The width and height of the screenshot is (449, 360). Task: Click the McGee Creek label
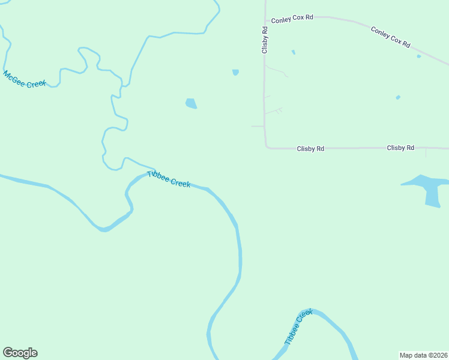pos(25,79)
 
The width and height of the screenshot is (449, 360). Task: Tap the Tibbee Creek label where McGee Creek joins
pos(169,179)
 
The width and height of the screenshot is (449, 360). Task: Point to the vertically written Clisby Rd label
pos(264,40)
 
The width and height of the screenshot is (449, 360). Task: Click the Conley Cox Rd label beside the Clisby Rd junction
pos(292,19)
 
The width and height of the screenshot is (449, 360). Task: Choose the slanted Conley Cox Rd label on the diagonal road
pos(390,37)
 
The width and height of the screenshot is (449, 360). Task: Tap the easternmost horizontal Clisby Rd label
pos(400,148)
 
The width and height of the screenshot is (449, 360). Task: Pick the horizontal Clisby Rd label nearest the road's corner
pos(310,148)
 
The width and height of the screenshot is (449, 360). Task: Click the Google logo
pos(20,353)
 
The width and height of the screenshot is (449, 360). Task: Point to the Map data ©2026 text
pos(423,355)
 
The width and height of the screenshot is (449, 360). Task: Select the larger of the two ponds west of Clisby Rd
pos(191,104)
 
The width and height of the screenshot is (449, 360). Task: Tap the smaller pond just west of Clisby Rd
pos(235,73)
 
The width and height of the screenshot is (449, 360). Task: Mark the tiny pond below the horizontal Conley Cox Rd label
pos(293,52)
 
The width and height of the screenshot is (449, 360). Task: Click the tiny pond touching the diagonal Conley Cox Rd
pos(419,56)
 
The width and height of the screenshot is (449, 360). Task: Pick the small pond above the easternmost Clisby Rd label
pos(398,97)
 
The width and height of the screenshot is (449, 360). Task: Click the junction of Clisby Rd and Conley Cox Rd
pos(265,17)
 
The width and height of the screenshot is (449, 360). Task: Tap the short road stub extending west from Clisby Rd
pos(257,126)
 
